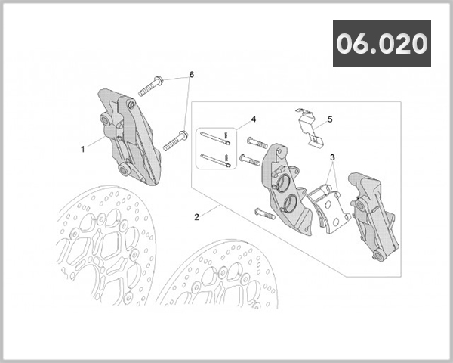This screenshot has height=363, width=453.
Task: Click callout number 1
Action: tap(83, 149)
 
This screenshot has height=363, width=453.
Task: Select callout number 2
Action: tap(196, 217)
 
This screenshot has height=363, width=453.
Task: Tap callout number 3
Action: tap(331, 157)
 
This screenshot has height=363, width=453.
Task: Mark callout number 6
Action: tap(191, 75)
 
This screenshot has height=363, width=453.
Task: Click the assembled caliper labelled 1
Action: tap(128, 136)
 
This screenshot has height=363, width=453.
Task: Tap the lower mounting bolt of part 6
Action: tap(174, 139)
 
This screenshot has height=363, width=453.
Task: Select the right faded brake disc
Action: tap(219, 280)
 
